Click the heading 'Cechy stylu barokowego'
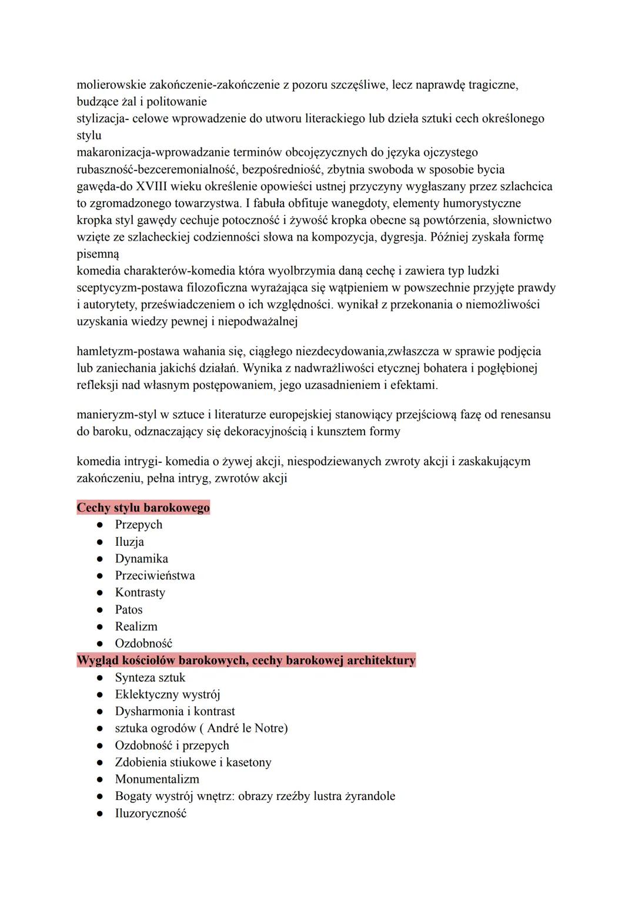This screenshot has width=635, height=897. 143,508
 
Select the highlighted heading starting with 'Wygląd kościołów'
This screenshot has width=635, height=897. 246,660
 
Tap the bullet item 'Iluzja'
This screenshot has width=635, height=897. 129,542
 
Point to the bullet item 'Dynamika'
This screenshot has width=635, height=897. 141,559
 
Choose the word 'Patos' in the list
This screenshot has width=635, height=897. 129,609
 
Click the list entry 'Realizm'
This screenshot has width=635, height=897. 136,626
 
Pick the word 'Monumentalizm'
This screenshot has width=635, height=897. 157,779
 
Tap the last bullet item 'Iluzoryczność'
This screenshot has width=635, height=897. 151,813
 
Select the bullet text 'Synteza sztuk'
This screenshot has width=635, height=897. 150,678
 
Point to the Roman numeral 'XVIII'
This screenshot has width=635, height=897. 151,186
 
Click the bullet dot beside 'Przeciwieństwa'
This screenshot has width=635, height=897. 101,576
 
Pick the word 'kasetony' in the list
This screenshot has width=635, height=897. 249,762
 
